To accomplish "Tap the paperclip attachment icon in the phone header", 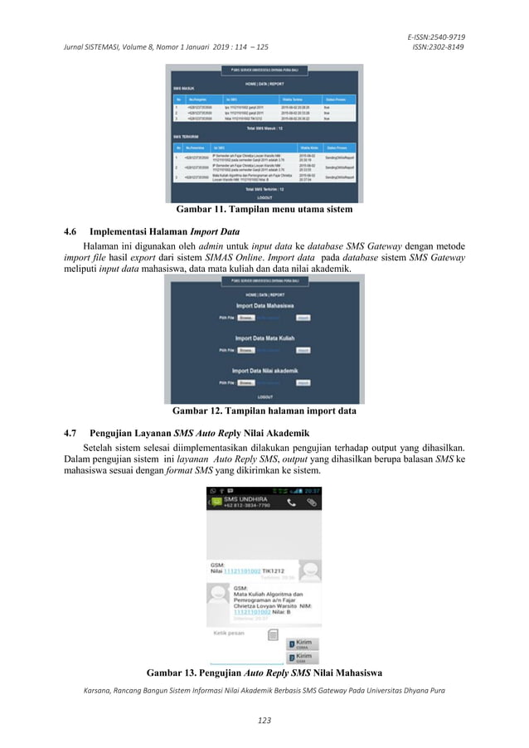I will point(312,503).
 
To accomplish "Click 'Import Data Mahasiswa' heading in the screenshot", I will point(264,305).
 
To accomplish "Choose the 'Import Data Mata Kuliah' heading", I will point(264,338).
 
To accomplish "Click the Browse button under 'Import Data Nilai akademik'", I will point(245,382).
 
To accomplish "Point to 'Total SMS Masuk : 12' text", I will point(264,129).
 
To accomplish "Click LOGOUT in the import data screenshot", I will point(264,397).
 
